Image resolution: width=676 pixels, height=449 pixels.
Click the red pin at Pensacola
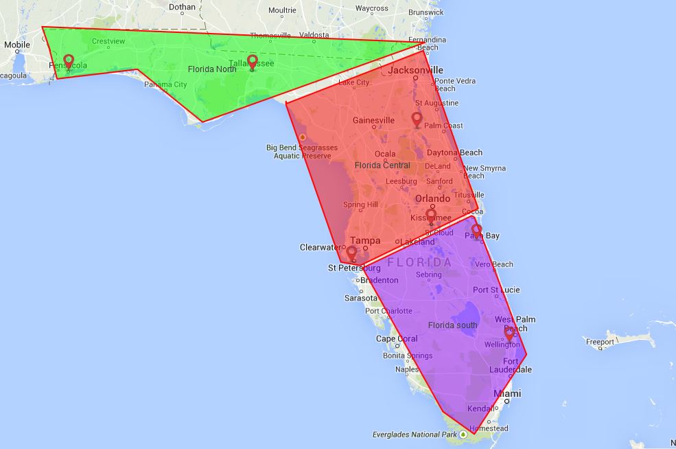tap(68, 62)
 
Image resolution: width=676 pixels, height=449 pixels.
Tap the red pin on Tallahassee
tap(252, 62)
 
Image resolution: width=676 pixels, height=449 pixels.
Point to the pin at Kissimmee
tap(431, 216)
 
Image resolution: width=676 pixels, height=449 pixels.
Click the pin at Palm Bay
tap(476, 231)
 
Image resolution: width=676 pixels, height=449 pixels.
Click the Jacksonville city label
tap(416, 70)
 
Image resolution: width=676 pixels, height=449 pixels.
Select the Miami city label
tap(508, 393)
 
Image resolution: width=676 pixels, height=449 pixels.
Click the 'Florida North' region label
tap(212, 69)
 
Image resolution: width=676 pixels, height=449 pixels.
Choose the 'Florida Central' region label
tap(382, 165)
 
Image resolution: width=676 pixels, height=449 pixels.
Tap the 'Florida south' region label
tap(452, 325)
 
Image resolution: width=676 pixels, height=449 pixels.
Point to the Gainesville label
tap(373, 120)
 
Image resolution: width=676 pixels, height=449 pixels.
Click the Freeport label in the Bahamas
tap(600, 341)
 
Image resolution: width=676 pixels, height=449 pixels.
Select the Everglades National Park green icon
tap(465, 434)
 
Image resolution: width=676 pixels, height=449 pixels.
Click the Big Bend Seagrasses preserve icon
tap(302, 137)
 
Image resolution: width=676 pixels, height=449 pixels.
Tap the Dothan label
tap(182, 8)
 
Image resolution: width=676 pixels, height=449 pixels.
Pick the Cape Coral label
tap(397, 338)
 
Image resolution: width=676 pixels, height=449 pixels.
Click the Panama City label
tap(165, 84)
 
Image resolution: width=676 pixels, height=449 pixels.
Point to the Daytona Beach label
tap(454, 152)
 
